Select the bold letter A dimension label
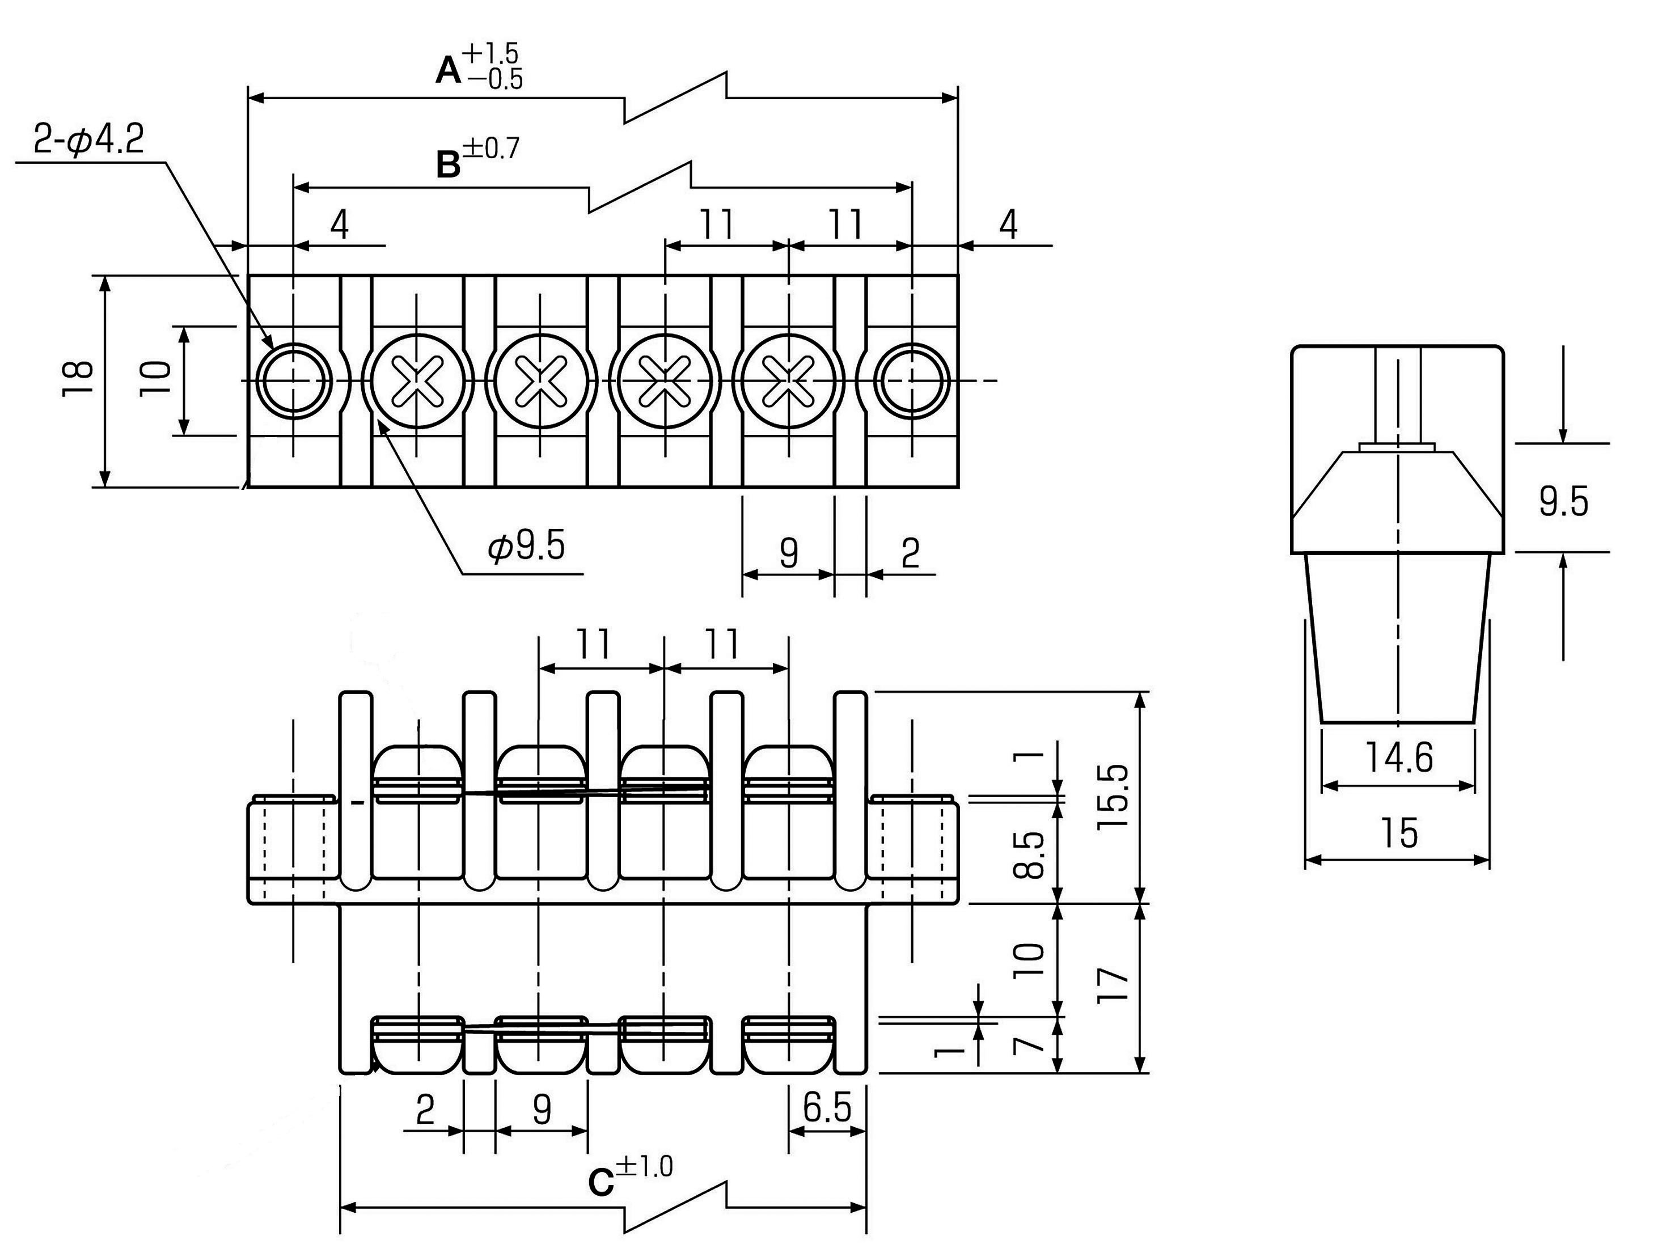pyautogui.click(x=448, y=72)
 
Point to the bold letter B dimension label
pyautogui.click(x=449, y=166)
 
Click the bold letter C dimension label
pyautogui.click(x=600, y=1182)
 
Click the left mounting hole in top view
pyautogui.click(x=294, y=380)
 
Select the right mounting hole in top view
pyautogui.click(x=912, y=380)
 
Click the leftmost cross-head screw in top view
pyautogui.click(x=417, y=380)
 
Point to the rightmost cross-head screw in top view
pyautogui.click(x=789, y=380)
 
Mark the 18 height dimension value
pyautogui.click(x=78, y=377)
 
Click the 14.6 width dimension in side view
pyautogui.click(x=1399, y=757)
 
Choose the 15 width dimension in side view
pyautogui.click(x=1399, y=833)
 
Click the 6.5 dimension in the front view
pyautogui.click(x=827, y=1109)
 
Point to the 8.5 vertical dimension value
pyautogui.click(x=1030, y=854)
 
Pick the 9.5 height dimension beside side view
pyautogui.click(x=1564, y=502)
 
